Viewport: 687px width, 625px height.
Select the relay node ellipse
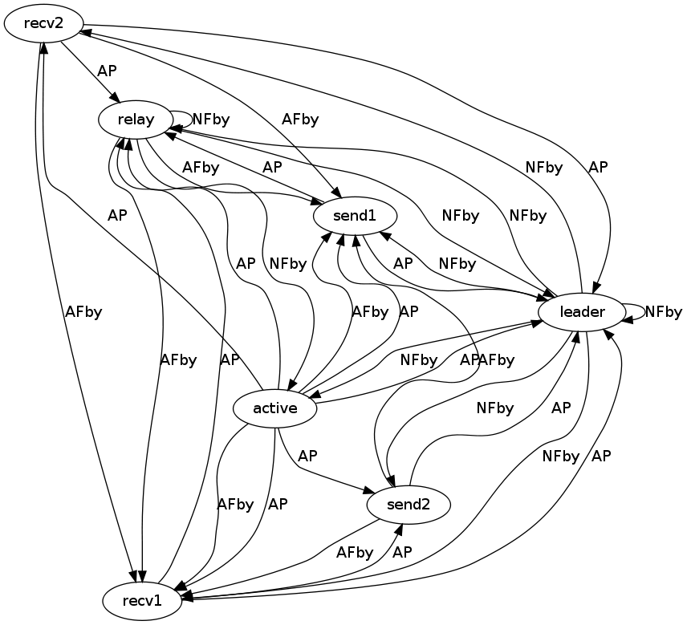click(x=136, y=120)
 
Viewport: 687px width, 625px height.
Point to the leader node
click(x=581, y=311)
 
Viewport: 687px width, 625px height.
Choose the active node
click(x=275, y=408)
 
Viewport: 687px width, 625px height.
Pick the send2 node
click(x=409, y=505)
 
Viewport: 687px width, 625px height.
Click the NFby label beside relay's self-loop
click(x=211, y=120)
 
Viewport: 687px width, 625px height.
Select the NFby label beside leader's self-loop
click(x=664, y=311)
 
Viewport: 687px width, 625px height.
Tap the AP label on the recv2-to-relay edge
click(x=107, y=71)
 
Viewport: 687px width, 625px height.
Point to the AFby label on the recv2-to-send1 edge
click(x=300, y=120)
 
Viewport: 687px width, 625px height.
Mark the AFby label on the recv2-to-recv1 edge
click(x=83, y=312)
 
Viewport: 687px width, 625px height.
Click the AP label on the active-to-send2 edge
click(x=307, y=456)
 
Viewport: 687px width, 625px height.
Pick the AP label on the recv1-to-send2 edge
click(x=402, y=552)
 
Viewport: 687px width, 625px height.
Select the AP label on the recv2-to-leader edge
click(x=598, y=167)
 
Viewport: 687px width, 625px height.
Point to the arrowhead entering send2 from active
click(x=371, y=490)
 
